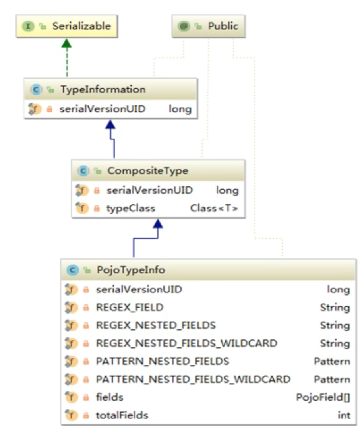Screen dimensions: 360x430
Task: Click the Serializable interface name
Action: pyautogui.click(x=82, y=26)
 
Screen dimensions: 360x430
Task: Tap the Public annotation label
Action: pyautogui.click(x=223, y=26)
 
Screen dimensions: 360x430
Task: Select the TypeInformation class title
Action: pyautogui.click(x=103, y=89)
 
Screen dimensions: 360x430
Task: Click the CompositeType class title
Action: pyautogui.click(x=148, y=170)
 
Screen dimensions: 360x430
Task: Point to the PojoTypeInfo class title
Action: pyautogui.click(x=131, y=270)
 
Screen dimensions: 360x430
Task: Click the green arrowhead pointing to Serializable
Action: pyautogui.click(x=67, y=43)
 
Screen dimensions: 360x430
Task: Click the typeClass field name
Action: pyautogui.click(x=131, y=208)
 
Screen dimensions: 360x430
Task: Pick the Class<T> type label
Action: pyautogui.click(x=214, y=208)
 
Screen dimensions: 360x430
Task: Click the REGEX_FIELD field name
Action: pyautogui.click(x=130, y=308)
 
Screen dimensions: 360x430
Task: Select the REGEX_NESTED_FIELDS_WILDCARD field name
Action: pyautogui.click(x=186, y=343)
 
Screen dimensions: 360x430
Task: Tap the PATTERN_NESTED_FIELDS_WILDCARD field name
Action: pyautogui.click(x=193, y=379)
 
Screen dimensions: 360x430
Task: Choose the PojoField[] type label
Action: pyautogui.click(x=323, y=397)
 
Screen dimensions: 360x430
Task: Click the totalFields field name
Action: pyautogui.click(x=122, y=415)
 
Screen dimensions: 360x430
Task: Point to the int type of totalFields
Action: pyautogui.click(x=344, y=415)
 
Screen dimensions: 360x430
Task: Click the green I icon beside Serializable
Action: pyautogui.click(x=28, y=26)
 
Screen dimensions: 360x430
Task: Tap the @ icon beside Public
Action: pyautogui.click(x=184, y=26)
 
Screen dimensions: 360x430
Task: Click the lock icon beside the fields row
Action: pyautogui.click(x=86, y=397)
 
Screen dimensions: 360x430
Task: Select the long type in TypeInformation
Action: pyautogui.click(x=180, y=109)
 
